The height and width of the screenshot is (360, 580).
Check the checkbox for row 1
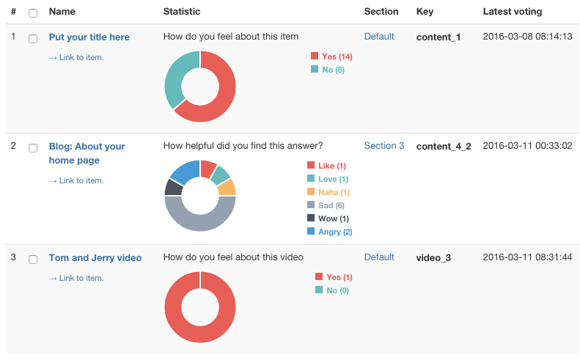pos(33,38)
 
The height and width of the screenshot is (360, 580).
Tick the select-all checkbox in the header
pos(33,12)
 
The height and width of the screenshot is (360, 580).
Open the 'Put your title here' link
pos(89,37)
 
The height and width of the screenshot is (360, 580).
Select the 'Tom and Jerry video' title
pos(95,258)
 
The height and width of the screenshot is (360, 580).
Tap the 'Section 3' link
pos(384,146)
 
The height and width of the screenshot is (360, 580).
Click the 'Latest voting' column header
pos(513,12)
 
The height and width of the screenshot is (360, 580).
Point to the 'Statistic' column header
pos(182,12)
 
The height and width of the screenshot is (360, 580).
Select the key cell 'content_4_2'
pos(444,147)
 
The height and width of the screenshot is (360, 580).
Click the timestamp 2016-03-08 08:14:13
pos(527,37)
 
